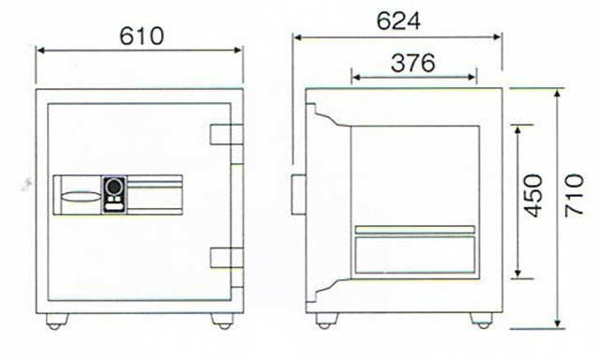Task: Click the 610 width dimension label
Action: pos(142,36)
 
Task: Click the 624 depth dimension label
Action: pos(398,22)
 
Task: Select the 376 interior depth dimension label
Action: pos(412,63)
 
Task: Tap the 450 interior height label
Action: pos(533,196)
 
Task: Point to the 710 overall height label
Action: pos(574,196)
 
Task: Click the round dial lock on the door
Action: pos(113,187)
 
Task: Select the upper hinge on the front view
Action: pos(227,134)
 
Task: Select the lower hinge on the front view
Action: pos(227,258)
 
